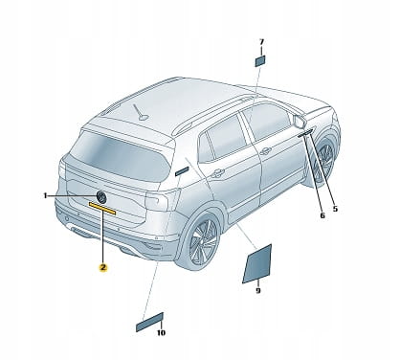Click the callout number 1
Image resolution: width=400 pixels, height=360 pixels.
[45, 195]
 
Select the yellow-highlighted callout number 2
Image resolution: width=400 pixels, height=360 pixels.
[102, 267]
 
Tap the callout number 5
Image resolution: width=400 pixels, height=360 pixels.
[335, 209]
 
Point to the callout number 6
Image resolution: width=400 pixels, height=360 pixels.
[322, 215]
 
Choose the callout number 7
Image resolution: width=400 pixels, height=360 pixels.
[261, 42]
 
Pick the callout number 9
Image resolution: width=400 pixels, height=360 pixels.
[258, 290]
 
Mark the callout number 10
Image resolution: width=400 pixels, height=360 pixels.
[161, 333]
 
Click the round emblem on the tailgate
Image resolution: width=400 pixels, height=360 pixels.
[101, 196]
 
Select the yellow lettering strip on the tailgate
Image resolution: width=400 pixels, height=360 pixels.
[102, 209]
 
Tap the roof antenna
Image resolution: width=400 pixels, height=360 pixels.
[142, 113]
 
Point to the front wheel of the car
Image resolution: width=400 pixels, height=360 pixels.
[324, 159]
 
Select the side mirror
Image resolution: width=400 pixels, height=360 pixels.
[300, 121]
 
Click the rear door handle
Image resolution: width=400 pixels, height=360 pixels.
[217, 172]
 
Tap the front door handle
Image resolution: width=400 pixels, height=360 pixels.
[265, 151]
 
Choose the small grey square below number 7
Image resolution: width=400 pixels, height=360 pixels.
[260, 60]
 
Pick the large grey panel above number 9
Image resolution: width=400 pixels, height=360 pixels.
[257, 263]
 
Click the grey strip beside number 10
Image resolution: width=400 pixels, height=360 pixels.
[149, 322]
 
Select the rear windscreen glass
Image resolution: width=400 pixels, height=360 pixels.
[120, 156]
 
